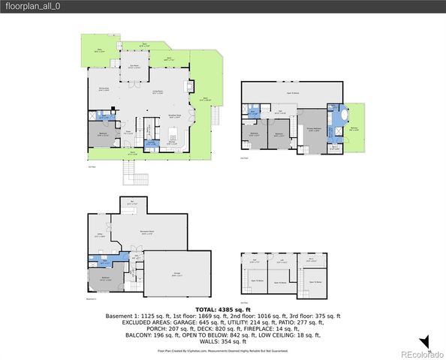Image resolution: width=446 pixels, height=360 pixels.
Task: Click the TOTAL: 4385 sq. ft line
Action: tap(222, 309)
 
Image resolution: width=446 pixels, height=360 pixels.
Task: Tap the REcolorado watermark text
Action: tap(420, 353)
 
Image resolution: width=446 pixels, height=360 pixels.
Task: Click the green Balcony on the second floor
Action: tap(354, 129)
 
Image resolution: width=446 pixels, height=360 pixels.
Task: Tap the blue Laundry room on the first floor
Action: tap(151, 142)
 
